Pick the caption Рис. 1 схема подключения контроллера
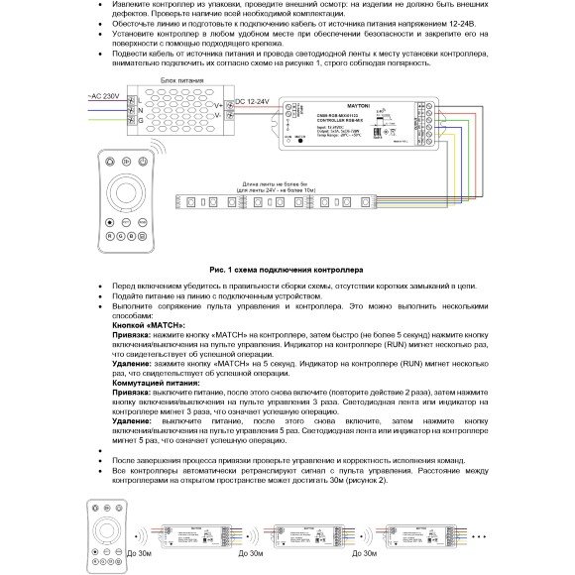287,268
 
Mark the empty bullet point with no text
105,449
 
